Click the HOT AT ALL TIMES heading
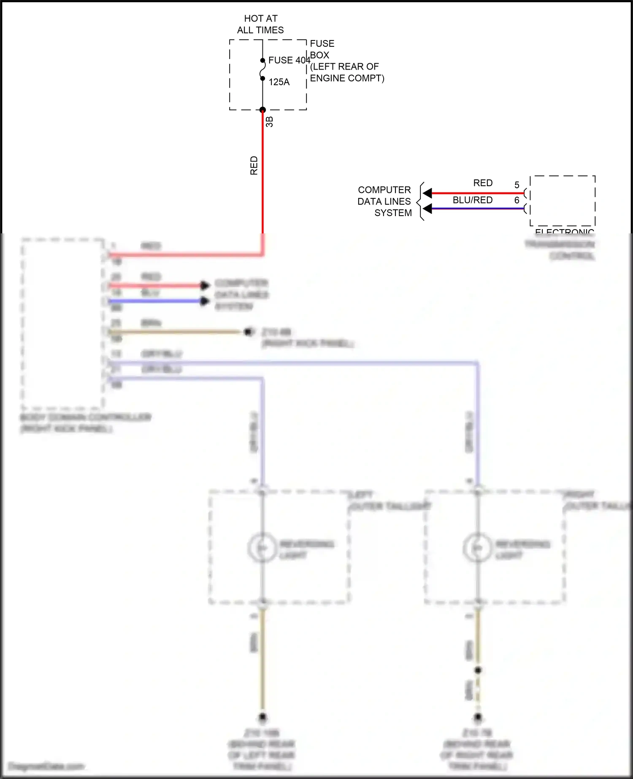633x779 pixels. click(260, 24)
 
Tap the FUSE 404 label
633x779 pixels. click(289, 60)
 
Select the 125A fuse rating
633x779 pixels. click(279, 82)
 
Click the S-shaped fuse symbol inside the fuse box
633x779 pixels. click(262, 69)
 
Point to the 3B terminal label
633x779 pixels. click(270, 122)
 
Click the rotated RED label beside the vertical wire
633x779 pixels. click(254, 165)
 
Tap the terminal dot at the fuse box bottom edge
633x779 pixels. click(262, 110)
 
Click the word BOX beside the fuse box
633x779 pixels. click(319, 55)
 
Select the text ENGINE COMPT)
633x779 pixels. click(347, 78)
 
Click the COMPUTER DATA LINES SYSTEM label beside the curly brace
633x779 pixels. click(384, 201)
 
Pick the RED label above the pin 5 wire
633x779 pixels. click(483, 183)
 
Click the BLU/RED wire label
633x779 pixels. click(473, 200)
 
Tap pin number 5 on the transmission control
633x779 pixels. click(517, 185)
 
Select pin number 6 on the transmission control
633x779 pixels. click(517, 200)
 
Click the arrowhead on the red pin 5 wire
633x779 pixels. click(427, 193)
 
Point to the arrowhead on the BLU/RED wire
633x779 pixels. click(427, 208)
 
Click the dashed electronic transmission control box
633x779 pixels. click(563, 201)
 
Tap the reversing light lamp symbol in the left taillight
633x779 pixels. click(262, 548)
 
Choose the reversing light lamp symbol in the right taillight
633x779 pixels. click(477, 548)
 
